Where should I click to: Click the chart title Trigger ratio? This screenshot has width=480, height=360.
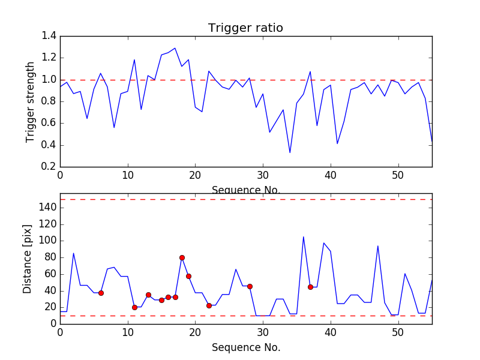245,28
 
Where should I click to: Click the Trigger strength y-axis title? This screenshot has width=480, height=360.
31,101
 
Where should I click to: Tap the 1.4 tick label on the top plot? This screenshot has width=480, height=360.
49,36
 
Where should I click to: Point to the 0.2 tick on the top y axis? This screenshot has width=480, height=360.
49,167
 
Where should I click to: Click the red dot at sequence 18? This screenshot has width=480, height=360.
182,257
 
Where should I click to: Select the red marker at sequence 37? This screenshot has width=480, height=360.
310,287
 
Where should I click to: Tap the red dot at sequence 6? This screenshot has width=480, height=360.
101,293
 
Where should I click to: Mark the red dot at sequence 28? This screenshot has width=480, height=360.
250,286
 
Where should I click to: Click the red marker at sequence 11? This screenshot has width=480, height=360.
134,307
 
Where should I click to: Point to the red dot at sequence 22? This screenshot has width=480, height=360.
209,305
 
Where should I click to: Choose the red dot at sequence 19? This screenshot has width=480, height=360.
188,276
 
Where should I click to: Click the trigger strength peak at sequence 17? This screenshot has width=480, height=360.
175,48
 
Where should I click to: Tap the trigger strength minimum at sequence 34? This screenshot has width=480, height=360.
290,152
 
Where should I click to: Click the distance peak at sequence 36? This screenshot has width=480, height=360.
304,236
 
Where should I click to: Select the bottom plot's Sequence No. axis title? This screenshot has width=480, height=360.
245,347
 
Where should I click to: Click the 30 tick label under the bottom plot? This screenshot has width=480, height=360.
263,332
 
